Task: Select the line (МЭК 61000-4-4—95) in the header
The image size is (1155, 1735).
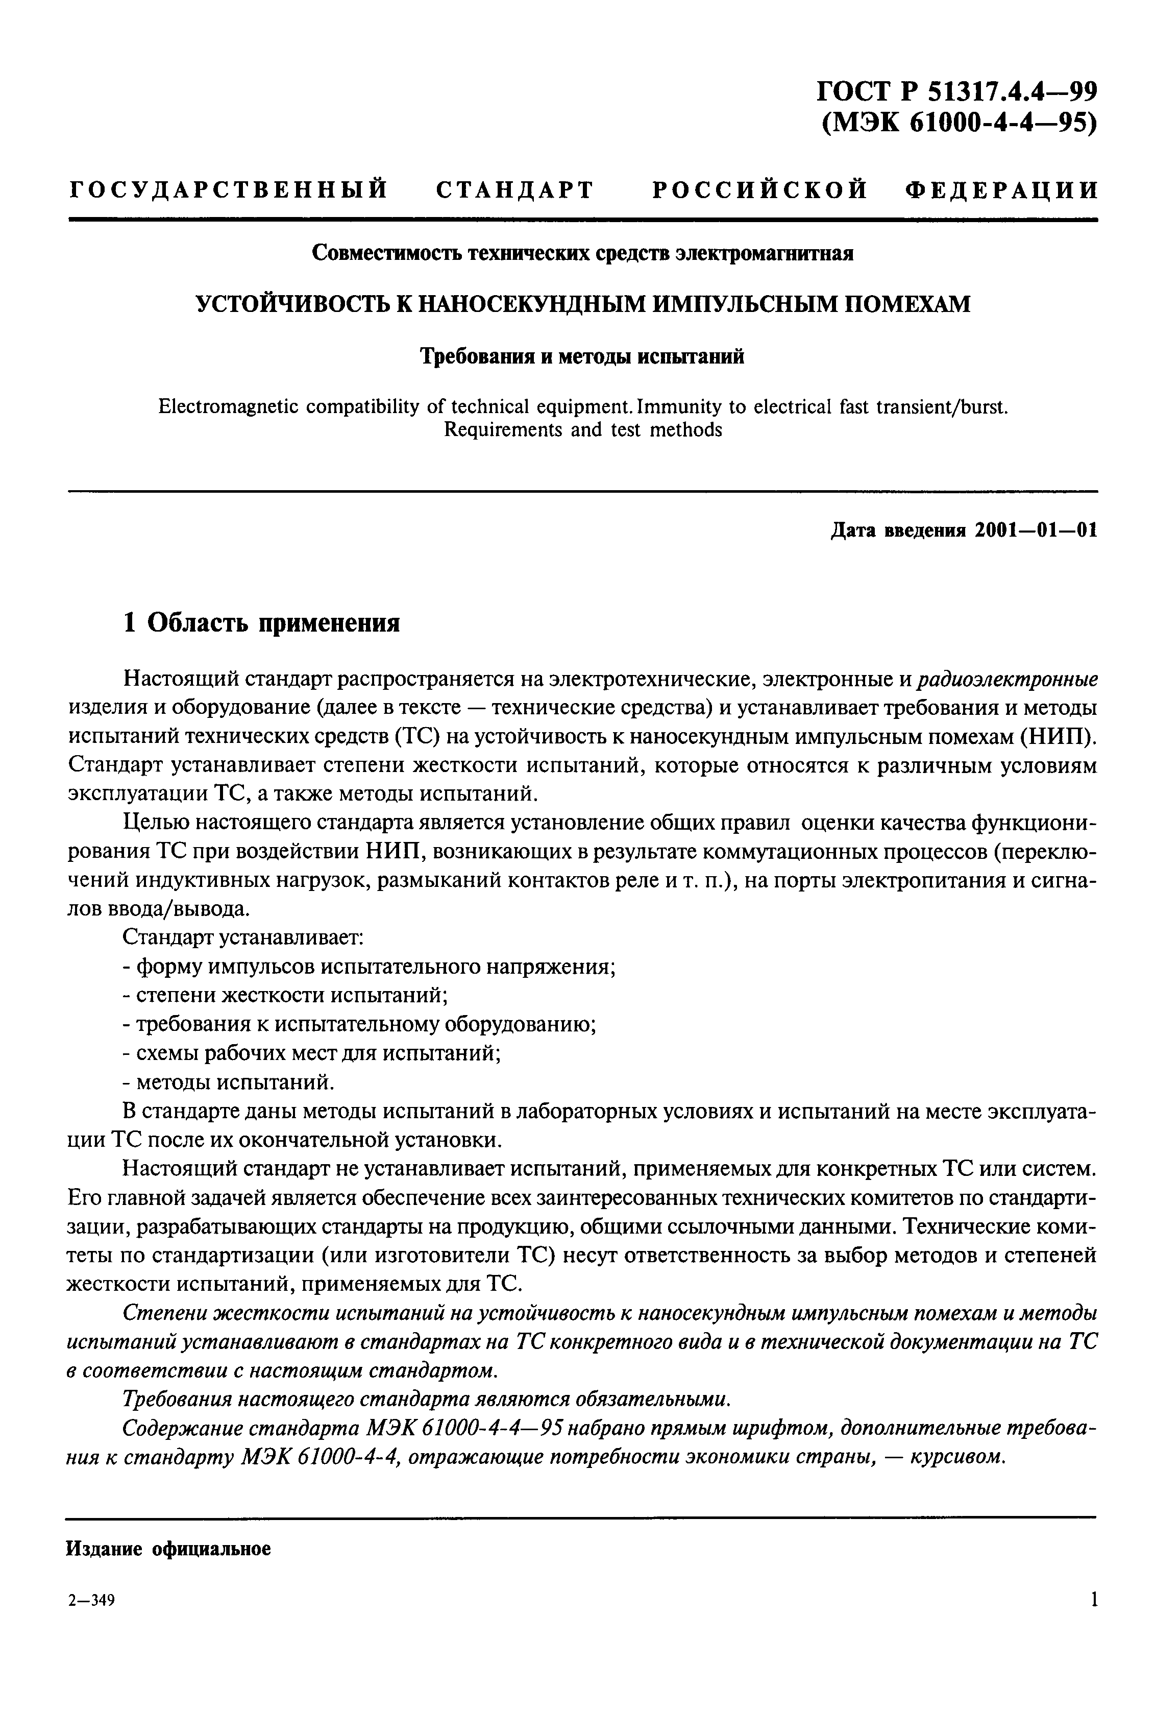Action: click(959, 123)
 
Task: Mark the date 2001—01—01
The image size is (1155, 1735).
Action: click(1036, 531)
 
